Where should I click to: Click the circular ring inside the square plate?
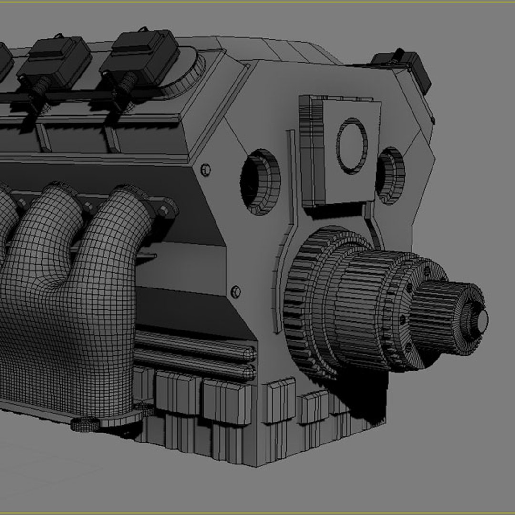352,145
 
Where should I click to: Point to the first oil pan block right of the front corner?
280,400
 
